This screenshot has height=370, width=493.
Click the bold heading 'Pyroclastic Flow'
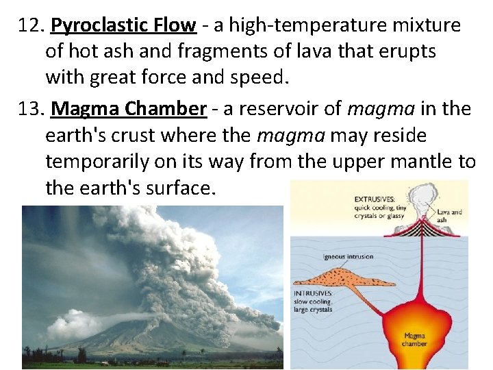coord(123,26)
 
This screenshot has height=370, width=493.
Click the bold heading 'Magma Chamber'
coord(129,109)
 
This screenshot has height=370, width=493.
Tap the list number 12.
coord(31,26)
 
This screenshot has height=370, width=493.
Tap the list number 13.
coord(31,109)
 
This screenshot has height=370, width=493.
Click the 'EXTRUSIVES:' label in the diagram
coord(374,199)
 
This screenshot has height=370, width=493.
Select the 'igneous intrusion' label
coord(348,257)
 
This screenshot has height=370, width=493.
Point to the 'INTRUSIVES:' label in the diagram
coord(314,293)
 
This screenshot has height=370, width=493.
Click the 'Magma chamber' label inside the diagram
coord(415,339)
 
